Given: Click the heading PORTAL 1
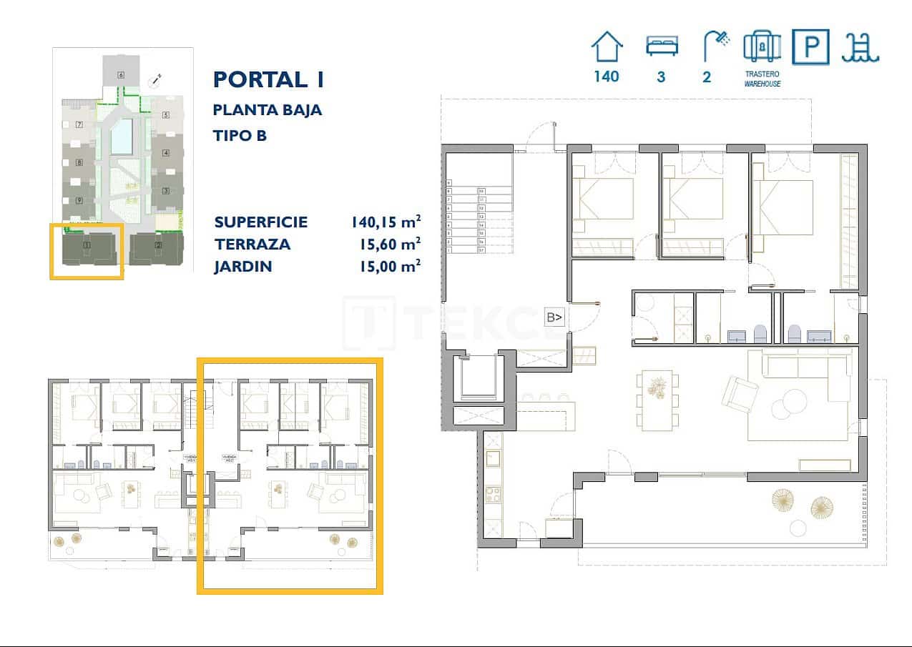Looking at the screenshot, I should point(269,79).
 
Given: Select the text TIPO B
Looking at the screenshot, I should point(240,135).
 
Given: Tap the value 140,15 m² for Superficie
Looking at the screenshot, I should point(385,222).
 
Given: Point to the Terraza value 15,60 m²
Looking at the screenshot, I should point(389,244).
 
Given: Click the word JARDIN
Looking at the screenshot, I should point(242,267).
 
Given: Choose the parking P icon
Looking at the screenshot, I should point(810,47).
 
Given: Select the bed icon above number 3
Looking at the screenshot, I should point(661,47).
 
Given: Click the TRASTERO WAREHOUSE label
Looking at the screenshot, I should point(761,79).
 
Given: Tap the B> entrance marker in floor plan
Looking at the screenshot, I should point(554,317).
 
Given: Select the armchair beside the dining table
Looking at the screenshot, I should point(740,392).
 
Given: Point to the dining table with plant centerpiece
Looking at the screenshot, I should point(657,400).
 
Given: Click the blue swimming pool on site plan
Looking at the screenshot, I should point(122,137).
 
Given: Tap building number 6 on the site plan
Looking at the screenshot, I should point(121,74).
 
